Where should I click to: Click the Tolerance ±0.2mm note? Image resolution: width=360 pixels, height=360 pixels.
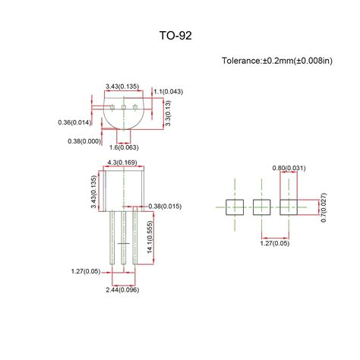[x=276, y=60]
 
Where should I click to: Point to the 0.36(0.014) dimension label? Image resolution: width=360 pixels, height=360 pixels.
[x=74, y=122]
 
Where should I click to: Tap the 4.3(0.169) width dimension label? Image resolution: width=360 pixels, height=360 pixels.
[x=122, y=162]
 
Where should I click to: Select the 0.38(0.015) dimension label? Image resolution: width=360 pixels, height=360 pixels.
[x=165, y=206]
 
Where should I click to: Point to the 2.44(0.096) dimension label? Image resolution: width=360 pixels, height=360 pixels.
[x=122, y=289]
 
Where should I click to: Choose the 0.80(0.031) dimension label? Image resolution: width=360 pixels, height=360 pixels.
[x=289, y=167]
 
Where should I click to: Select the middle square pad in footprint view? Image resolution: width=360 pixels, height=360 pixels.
[x=262, y=206]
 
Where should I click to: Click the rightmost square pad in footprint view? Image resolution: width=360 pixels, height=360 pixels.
[x=289, y=206]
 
